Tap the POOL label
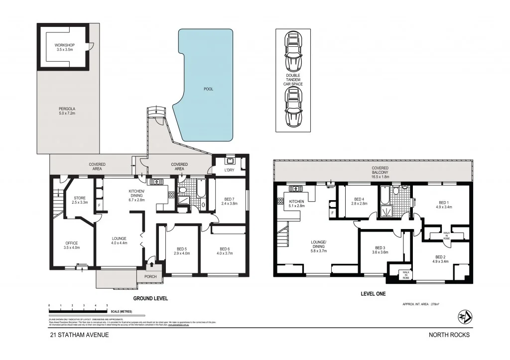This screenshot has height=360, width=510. tap(208, 89)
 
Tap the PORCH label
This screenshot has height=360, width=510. tap(150, 277)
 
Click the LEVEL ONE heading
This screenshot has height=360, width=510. tap(373, 294)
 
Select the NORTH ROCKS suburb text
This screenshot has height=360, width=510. tap(449, 335)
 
